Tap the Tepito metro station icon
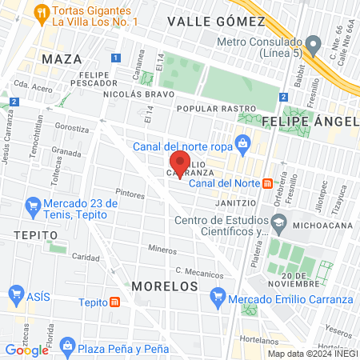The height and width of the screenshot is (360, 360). (x=116, y=302)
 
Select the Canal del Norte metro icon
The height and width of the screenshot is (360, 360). (x=267, y=182)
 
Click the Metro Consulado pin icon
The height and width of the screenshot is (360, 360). (x=311, y=42)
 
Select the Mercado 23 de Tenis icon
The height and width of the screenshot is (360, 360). (x=33, y=205)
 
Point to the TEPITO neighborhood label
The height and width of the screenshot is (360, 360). (x=36, y=234)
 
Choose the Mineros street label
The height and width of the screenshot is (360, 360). (x=162, y=250)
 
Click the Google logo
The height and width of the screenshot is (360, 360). (x=26, y=350)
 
